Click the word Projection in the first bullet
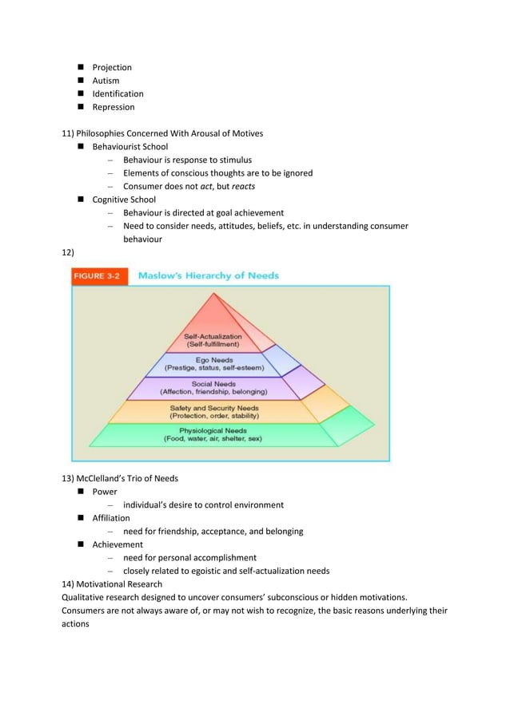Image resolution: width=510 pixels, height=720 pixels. (112, 68)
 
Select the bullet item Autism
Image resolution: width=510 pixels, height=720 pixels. (106, 81)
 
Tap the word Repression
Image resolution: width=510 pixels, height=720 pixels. (114, 107)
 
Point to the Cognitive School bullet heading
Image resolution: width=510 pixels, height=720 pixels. (124, 200)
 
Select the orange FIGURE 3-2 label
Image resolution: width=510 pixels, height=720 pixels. (99, 276)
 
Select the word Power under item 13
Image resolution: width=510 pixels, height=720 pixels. (105, 492)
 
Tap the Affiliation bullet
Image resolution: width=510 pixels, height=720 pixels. (111, 518)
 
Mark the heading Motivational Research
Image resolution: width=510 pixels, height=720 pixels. (112, 584)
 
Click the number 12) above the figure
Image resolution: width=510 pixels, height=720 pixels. (68, 252)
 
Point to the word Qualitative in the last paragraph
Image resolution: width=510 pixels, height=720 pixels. (84, 597)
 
